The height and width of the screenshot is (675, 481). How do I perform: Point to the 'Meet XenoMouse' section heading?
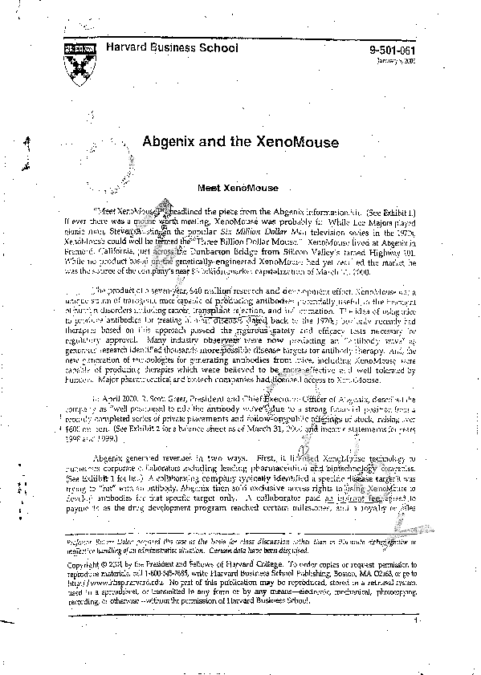(x=231, y=185)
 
